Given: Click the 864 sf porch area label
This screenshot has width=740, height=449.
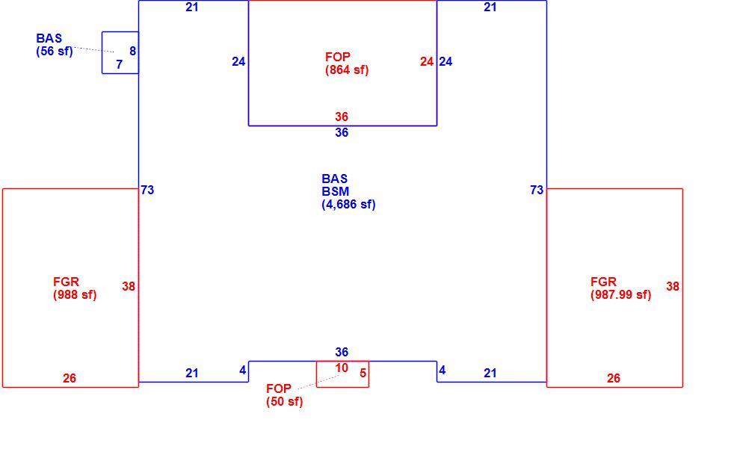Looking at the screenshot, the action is [347, 70].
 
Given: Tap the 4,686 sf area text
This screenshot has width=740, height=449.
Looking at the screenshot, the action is [349, 205].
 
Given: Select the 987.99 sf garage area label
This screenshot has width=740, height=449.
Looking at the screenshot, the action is [620, 295].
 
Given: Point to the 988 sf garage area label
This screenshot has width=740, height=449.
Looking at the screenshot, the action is [75, 295].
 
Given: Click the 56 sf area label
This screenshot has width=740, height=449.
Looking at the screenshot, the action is [55, 52].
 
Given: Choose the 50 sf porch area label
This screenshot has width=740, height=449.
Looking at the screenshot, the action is [285, 402].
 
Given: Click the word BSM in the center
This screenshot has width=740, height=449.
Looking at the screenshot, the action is [335, 191].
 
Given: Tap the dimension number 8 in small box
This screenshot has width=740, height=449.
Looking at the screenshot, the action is [132, 51].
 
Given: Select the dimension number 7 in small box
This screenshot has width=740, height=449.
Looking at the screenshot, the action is [120, 64].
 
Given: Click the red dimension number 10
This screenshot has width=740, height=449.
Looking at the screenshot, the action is [342, 368].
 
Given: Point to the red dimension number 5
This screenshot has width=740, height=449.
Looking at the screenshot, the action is [363, 373].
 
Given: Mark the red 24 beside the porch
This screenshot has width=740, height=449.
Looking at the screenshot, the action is [427, 62].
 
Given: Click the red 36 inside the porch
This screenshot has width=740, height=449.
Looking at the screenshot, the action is [342, 117].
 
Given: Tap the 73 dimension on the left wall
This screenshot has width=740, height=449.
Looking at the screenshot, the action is [147, 190].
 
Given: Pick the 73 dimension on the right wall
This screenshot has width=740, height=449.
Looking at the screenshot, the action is [537, 190].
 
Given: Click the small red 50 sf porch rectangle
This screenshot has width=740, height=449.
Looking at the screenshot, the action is [342, 387].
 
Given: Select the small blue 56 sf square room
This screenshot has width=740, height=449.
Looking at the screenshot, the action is [120, 73].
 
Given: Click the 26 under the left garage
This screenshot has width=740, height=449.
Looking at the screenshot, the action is [70, 378].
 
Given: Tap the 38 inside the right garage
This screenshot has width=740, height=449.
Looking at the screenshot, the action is [673, 286].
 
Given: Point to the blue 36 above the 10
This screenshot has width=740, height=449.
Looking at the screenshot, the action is [342, 352].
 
